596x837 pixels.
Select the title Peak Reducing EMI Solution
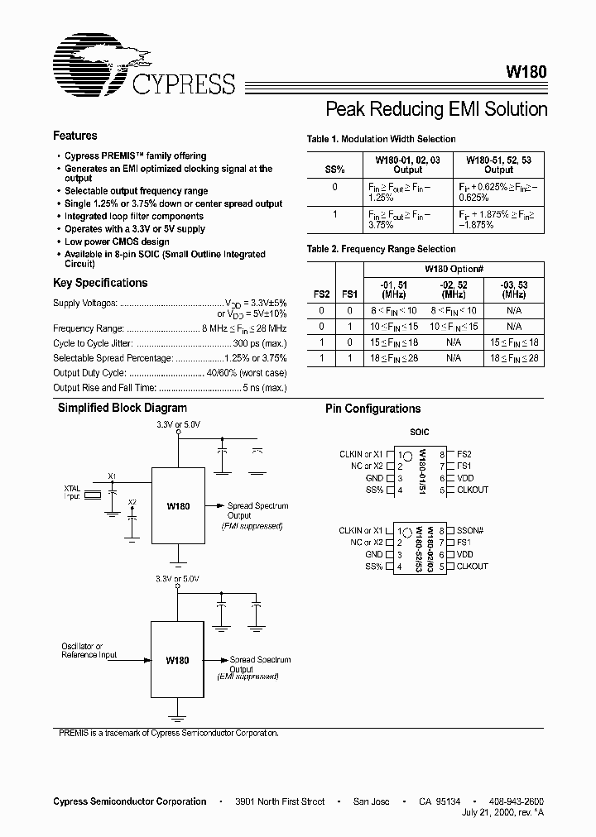436,109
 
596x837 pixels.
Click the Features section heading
74,136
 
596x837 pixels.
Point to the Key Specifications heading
99,283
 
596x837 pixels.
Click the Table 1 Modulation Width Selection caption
381,139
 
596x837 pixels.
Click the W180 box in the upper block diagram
178,505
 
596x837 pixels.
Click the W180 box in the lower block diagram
178,661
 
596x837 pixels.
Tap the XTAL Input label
72,493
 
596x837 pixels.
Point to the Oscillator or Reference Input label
82,650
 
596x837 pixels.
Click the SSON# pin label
473,530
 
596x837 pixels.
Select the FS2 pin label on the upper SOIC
464,454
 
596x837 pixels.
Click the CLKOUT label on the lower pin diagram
472,567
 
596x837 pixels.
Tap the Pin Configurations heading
372,409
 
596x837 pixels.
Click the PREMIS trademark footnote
168,733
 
